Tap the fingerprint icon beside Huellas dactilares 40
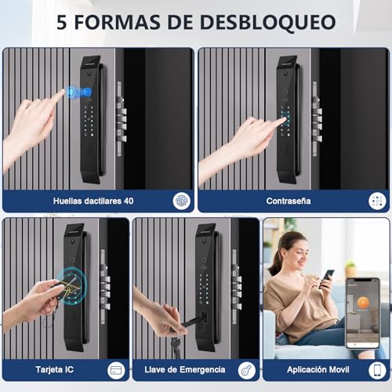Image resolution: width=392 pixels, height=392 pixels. (182, 201)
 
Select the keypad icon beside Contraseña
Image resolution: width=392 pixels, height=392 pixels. (378, 201)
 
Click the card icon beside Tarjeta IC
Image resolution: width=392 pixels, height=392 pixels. (117, 369)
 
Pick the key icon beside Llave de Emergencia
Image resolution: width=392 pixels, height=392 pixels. (247, 369)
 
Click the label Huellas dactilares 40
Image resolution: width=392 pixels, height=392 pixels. (93, 201)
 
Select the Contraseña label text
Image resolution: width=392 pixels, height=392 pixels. (288, 201)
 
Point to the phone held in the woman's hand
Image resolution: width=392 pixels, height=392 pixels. (328, 276)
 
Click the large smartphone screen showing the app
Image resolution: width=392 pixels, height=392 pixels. (362, 312)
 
